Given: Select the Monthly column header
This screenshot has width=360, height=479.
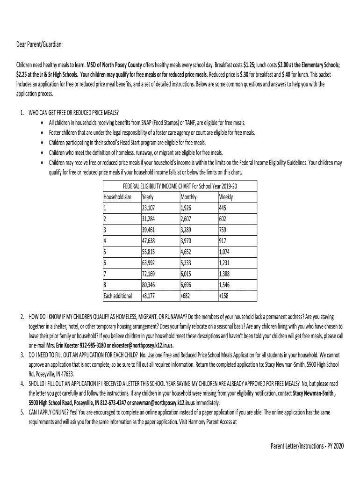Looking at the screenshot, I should [x=188, y=197].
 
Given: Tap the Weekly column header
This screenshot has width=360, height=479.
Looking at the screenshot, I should [x=226, y=197].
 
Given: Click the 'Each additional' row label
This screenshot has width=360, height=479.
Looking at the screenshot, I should [x=118, y=296].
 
